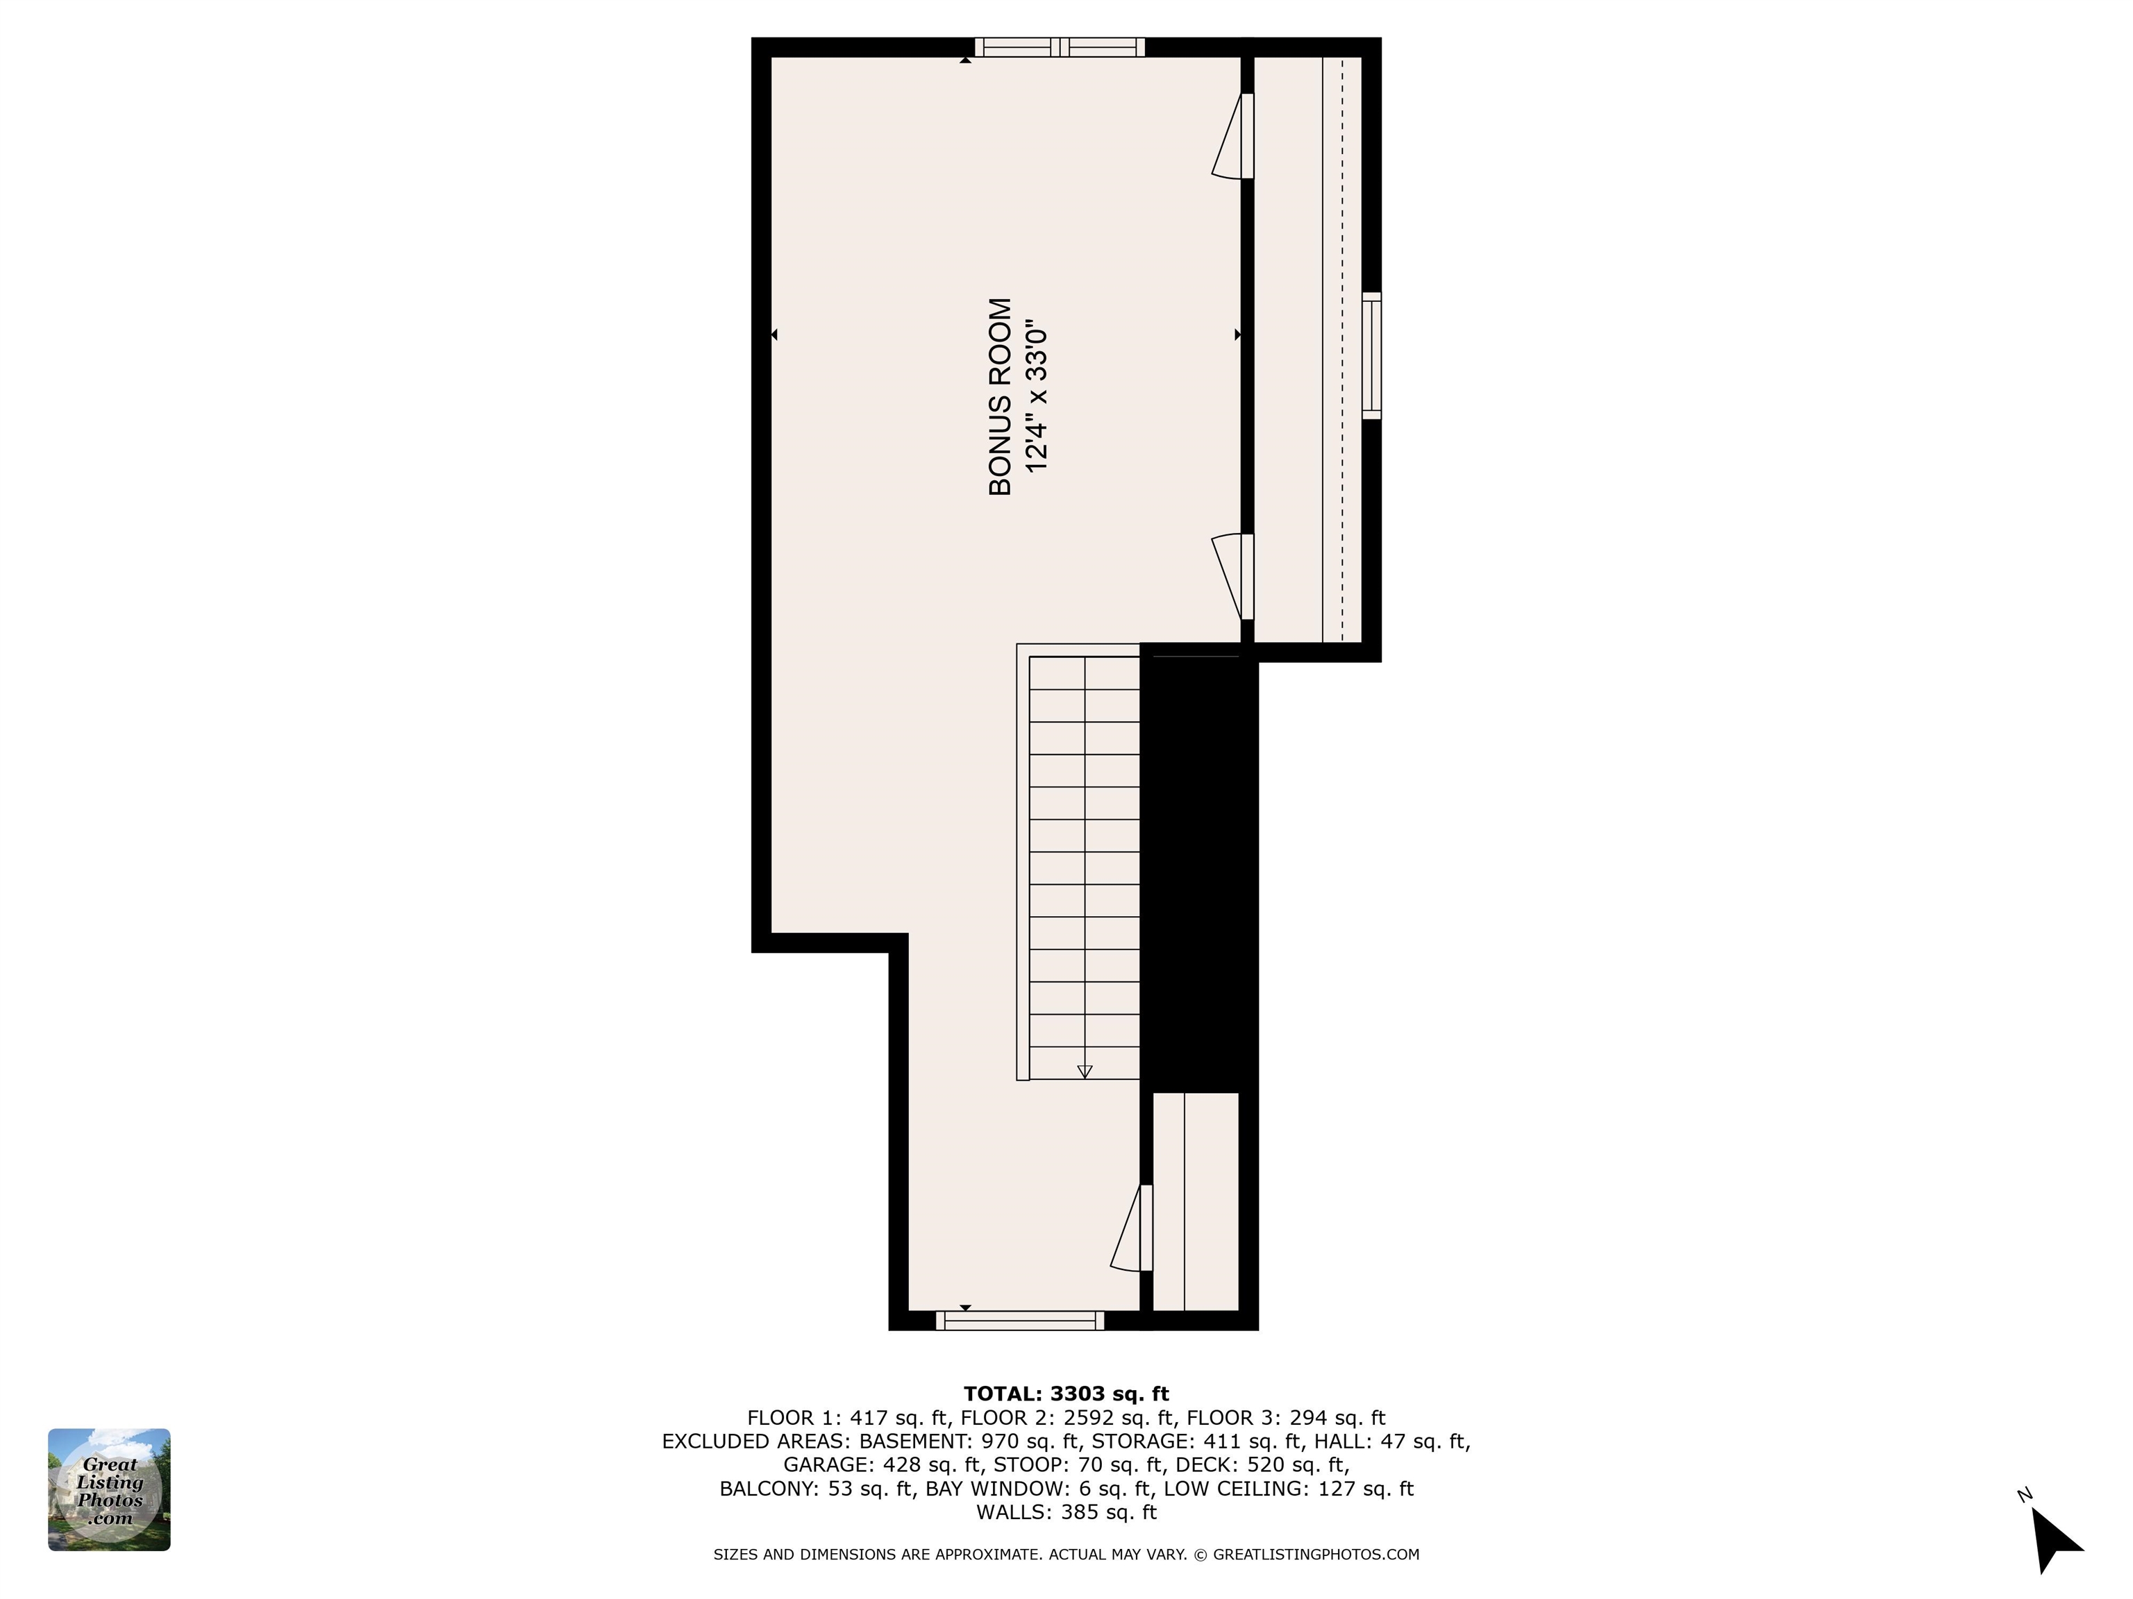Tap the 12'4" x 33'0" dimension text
click(x=1036, y=396)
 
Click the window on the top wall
click(x=1059, y=46)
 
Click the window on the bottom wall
click(x=1019, y=1321)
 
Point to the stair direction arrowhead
click(x=1084, y=1072)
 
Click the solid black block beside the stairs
click(x=1198, y=868)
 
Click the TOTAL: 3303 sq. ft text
click(x=1066, y=1393)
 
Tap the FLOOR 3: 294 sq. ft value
click(x=1285, y=1418)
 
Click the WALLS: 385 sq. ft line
click(x=1066, y=1512)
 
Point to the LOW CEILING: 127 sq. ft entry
click(x=1288, y=1488)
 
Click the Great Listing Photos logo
click(x=109, y=1489)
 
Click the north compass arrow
click(x=2054, y=1539)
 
